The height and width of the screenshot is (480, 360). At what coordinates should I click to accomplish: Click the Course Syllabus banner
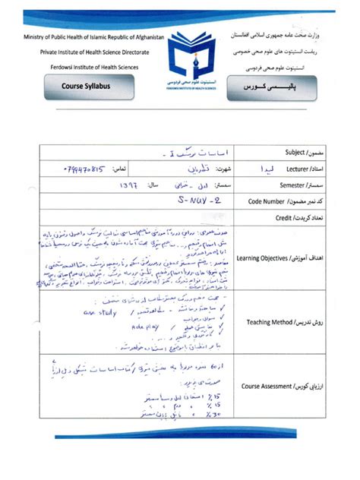coord(85,87)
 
